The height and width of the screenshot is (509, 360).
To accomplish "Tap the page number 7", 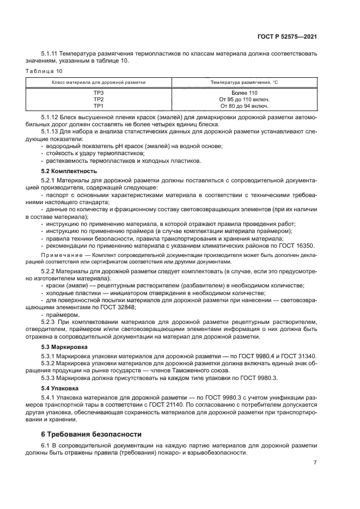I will [x=315, y=463].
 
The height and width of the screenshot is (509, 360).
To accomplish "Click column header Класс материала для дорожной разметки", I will [x=99, y=82].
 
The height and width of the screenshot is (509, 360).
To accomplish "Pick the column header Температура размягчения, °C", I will [x=245, y=82].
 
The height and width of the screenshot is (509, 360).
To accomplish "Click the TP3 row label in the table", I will [x=99, y=93].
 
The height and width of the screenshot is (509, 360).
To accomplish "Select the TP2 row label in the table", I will [x=99, y=99].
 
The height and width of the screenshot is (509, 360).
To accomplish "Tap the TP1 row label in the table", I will [x=99, y=105].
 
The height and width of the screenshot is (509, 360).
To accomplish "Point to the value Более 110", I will [x=245, y=93].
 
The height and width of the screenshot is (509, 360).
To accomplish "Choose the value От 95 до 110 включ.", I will [x=245, y=99].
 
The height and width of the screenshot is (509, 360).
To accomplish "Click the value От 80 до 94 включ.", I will [x=245, y=105].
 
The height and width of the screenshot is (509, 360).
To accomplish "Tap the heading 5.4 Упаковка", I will [x=60, y=388].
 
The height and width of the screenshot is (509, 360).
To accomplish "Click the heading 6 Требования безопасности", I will [x=91, y=434].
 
